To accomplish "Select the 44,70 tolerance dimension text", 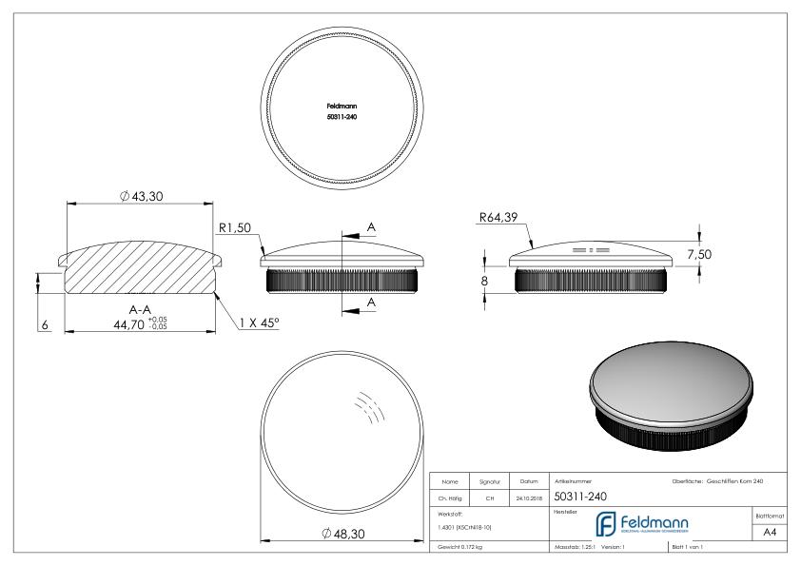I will tap(124, 324).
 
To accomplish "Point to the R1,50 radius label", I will tap(235, 227).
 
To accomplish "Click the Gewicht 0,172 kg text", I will tap(461, 549).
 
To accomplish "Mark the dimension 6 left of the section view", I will tap(44, 324).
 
